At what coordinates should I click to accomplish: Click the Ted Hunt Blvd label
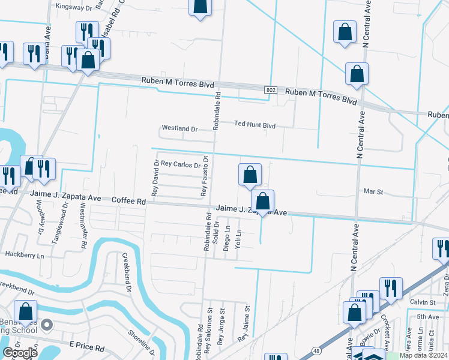tap(255, 125)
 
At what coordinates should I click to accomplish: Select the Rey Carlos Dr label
tap(180, 164)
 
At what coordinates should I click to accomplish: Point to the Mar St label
tap(373, 191)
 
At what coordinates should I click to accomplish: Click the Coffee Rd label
tap(129, 202)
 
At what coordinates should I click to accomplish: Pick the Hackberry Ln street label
tap(25, 255)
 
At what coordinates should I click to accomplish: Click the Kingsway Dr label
tap(74, 7)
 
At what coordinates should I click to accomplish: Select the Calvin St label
tap(423, 302)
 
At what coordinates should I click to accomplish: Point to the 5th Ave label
tap(428, 317)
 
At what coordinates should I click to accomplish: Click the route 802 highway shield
tap(271, 90)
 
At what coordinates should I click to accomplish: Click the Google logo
tap(20, 353)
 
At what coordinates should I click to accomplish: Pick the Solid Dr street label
tap(215, 232)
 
